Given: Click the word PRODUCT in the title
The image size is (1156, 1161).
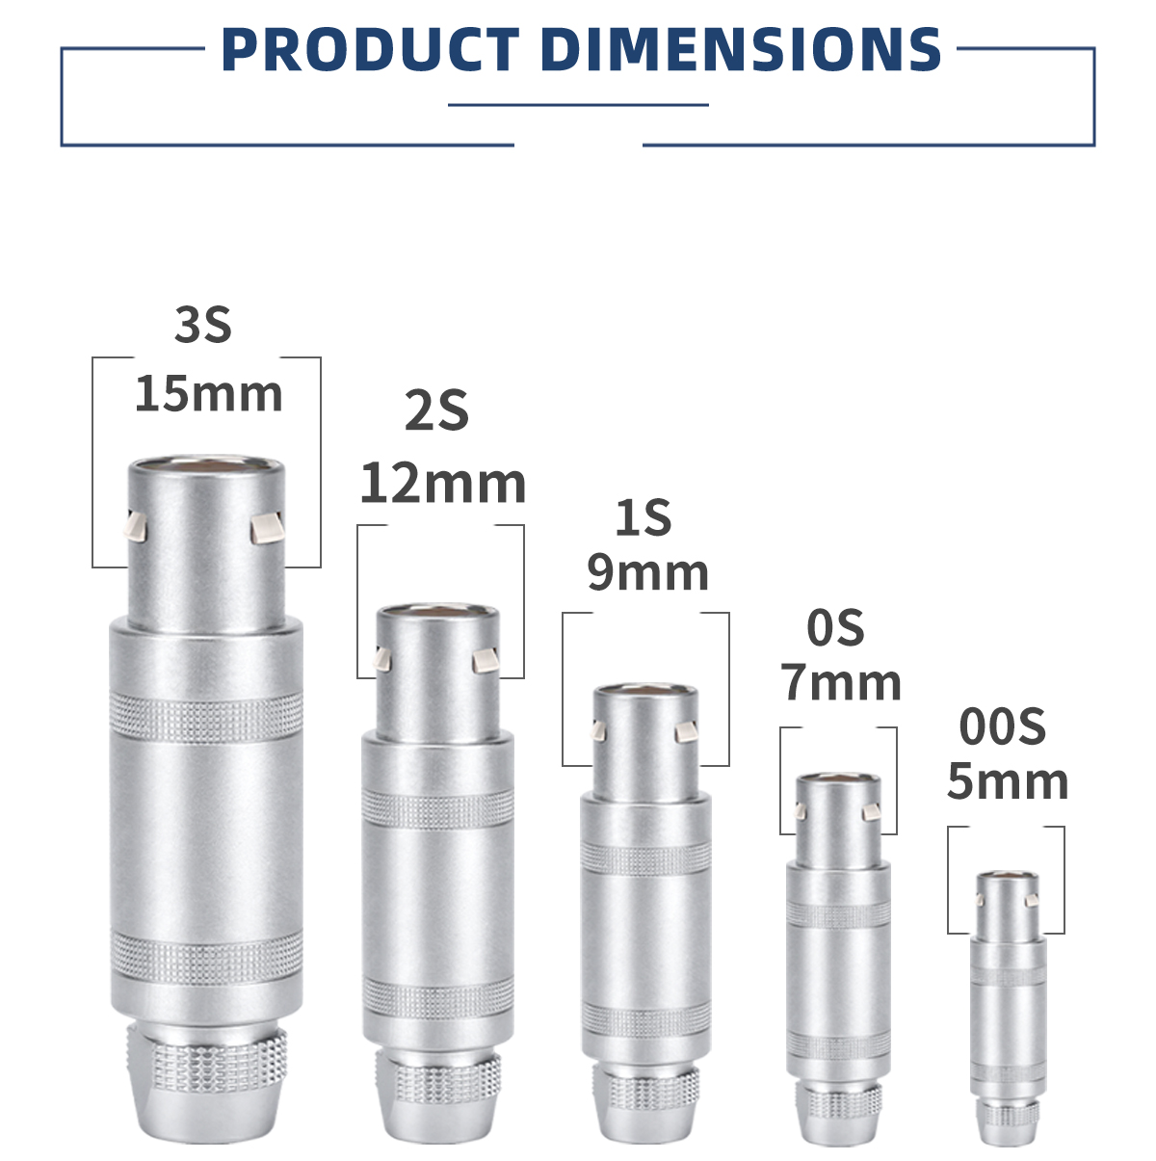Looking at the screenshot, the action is tap(370, 49).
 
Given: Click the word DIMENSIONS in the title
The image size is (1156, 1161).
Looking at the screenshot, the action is tap(741, 49).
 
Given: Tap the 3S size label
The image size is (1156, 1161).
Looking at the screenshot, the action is tap(203, 326).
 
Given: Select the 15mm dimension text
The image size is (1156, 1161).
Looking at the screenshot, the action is tap(208, 395).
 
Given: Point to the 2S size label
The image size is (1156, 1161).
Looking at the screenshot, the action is tap(436, 410).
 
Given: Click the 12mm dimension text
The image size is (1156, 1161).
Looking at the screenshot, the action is tap(443, 484).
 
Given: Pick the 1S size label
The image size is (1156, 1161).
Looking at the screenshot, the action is tap(643, 517).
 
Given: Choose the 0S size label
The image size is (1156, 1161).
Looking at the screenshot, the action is tap(835, 628).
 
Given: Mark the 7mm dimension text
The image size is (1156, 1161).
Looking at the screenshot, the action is tap(840, 682).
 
